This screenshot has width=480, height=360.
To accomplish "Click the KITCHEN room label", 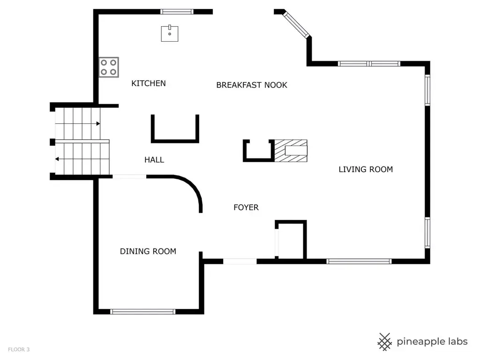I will tap(148, 83).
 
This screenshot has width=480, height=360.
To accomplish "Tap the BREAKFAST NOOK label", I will tap(251, 85).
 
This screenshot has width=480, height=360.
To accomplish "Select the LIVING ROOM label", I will tap(366, 169).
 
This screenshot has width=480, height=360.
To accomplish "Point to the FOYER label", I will tap(246, 207).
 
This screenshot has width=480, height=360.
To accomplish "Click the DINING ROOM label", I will tap(148, 251).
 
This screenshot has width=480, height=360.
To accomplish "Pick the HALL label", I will tap(154, 160).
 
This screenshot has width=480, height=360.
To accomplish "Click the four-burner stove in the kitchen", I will tap(108, 67).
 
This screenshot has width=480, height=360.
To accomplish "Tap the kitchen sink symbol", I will tap(170, 33).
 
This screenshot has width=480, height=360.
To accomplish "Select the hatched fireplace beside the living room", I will tap(291, 150).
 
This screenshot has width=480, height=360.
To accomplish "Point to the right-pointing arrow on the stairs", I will tap(97, 124).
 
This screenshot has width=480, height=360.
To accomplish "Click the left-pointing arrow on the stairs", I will tap(57, 159).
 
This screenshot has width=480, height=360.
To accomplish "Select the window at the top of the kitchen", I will tap(177, 12).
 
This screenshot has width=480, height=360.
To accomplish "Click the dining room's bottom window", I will tap(142, 311).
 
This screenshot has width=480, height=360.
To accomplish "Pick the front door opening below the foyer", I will tap(240, 261).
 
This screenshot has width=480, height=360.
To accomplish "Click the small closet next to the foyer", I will tap(292, 240).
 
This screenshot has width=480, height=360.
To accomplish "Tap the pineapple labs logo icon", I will tap(385, 342).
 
